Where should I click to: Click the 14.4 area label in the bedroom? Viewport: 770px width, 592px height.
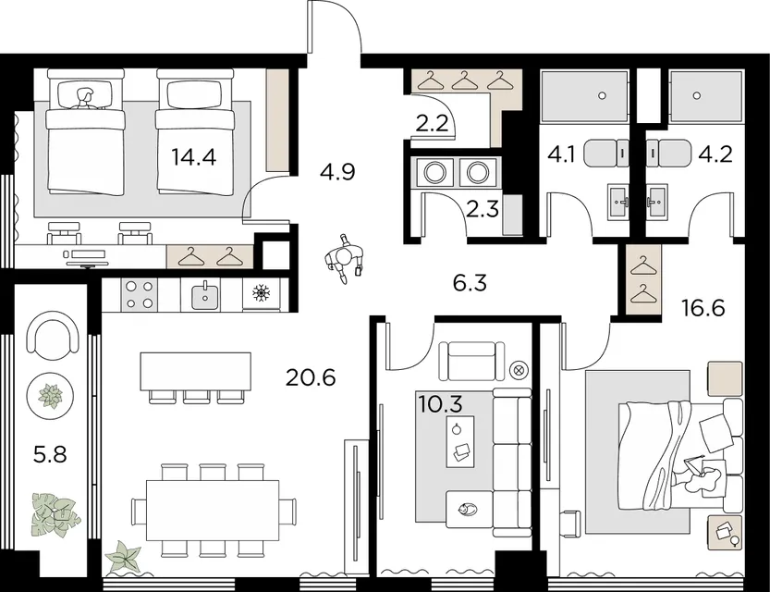point(194,157)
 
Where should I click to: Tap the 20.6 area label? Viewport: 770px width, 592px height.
point(311,377)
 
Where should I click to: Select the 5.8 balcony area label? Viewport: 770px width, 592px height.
point(50,454)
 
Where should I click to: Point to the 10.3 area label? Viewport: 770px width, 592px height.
point(441,404)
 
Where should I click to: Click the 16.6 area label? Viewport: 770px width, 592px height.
point(703,308)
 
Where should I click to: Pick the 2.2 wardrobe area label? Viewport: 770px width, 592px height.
point(433,123)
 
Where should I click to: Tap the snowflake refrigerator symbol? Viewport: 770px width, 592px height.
point(262,294)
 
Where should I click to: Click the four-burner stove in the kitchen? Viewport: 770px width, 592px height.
point(140,294)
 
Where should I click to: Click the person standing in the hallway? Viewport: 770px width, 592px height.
point(345,258)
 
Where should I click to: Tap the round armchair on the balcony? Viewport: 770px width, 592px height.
point(53,333)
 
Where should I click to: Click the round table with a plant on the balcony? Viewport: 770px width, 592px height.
point(51,396)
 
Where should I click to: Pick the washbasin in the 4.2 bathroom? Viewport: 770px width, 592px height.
point(656,202)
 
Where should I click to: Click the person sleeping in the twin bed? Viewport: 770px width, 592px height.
point(84,98)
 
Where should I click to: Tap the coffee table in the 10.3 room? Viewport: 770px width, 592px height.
point(460,441)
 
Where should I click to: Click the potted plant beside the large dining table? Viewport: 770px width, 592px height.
point(123,556)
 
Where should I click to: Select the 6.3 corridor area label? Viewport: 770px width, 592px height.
point(470,282)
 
